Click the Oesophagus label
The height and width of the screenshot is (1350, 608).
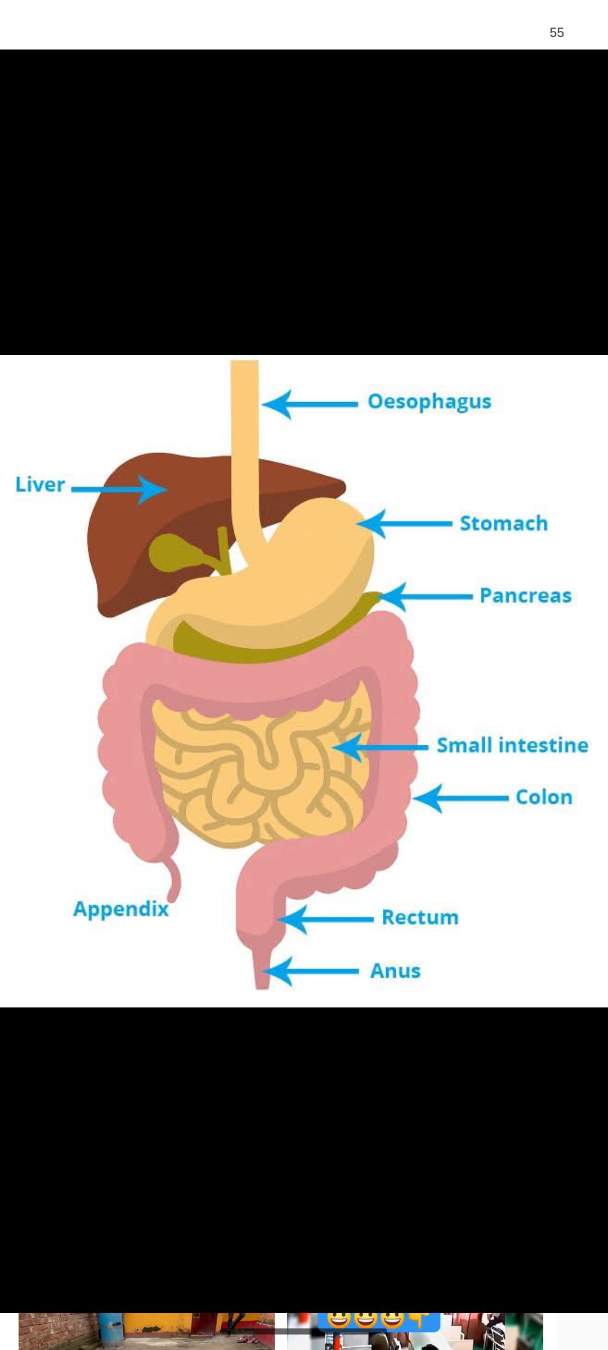(430, 402)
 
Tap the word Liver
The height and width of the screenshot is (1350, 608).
(40, 484)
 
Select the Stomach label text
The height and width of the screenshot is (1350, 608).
(504, 523)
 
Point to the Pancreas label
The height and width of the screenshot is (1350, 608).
(525, 596)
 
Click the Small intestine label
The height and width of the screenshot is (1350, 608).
(512, 745)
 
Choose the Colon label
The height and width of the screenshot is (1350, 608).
(544, 797)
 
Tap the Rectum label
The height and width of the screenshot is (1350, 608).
(420, 917)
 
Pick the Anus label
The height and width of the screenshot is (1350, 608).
(395, 971)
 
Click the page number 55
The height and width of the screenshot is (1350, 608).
(557, 33)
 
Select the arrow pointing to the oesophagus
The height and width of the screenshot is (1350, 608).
(310, 404)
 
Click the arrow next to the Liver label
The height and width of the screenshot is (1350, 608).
(119, 489)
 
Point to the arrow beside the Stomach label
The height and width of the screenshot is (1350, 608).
(404, 524)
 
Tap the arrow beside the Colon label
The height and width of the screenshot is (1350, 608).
(461, 798)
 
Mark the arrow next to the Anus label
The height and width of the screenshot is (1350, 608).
(311, 971)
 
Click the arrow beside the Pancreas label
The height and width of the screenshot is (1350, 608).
(426, 597)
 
